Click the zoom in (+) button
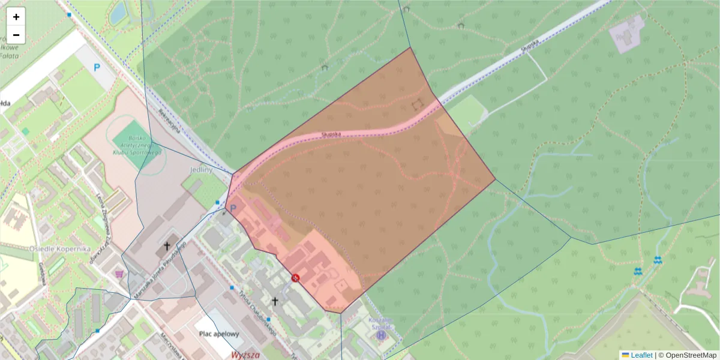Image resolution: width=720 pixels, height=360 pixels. tap(16, 17)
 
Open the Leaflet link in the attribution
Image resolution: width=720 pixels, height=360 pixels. tap(641, 355)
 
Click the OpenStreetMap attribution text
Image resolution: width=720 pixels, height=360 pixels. tap(691, 355)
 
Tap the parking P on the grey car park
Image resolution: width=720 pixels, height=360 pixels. tap(97, 68)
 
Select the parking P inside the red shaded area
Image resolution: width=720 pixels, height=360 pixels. tap(233, 208)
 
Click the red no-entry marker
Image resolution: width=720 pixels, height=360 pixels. tap(295, 277)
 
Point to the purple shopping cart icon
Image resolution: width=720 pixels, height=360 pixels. tap(119, 274)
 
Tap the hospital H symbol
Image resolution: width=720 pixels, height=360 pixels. tap(380, 335)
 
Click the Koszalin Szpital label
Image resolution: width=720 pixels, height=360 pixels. tap(380, 323)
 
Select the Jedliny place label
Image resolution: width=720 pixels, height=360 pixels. tap(201, 170)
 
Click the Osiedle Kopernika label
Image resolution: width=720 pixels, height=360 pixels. tap(59, 248)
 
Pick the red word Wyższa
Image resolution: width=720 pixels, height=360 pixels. tap(245, 355)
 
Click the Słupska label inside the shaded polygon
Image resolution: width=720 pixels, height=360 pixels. tap(331, 134)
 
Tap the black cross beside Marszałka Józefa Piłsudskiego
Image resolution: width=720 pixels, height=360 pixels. tap(167, 246)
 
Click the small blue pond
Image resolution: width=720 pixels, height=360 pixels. tap(118, 11)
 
